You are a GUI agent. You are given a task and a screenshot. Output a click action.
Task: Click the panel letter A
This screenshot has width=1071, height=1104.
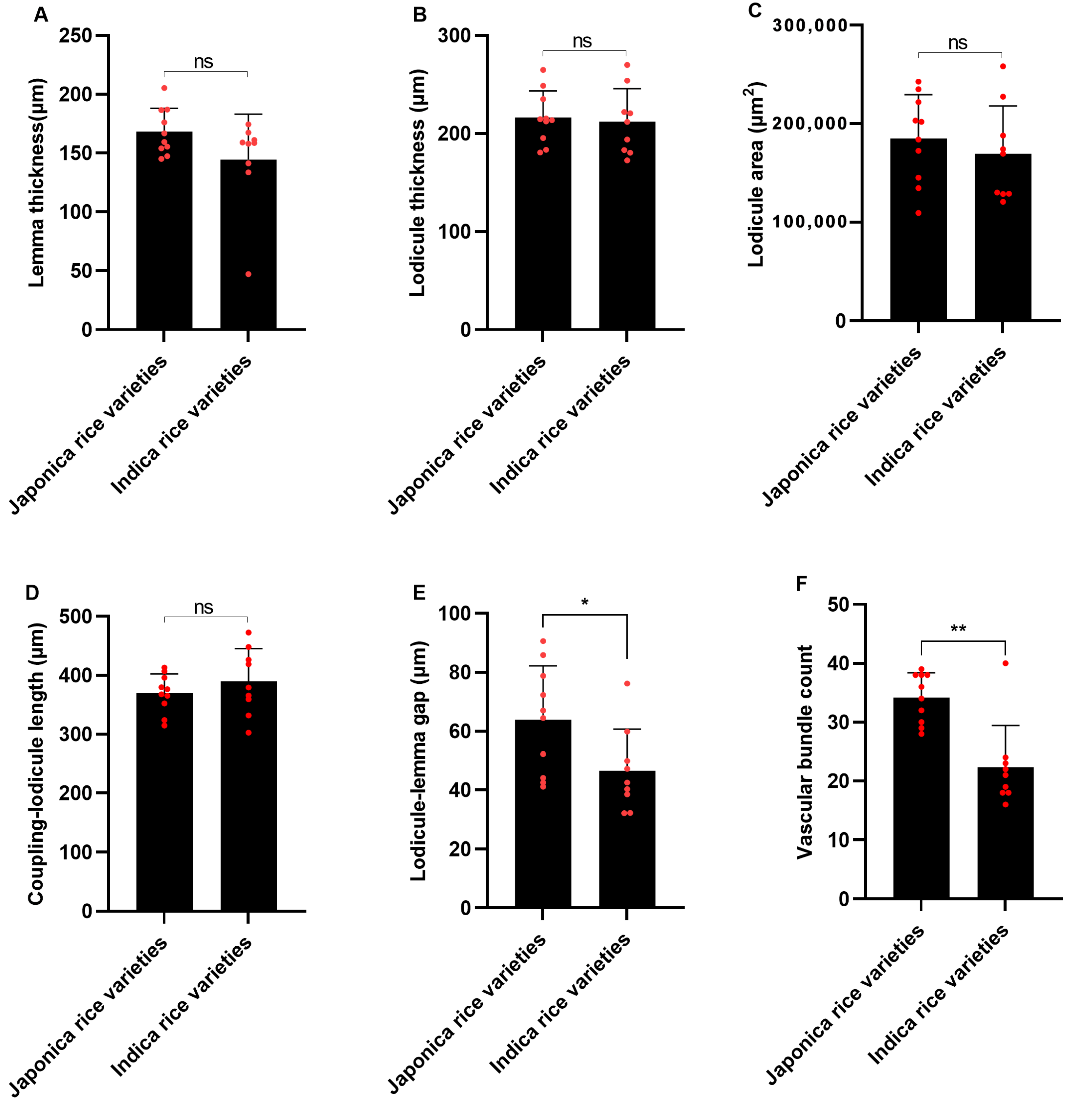tap(41, 15)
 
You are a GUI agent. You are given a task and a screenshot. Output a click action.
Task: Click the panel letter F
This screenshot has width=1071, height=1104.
tap(801, 583)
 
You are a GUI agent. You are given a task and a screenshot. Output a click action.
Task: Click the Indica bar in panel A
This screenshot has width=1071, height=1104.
tap(248, 248)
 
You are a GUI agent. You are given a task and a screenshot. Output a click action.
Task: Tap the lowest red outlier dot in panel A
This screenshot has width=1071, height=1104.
tap(248, 274)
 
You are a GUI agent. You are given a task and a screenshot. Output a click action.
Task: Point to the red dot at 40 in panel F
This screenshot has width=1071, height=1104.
tap(1005, 663)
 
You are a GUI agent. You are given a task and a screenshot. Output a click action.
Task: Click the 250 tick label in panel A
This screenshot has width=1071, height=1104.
tap(75, 35)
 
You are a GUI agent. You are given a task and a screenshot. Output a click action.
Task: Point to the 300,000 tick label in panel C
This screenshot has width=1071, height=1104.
tap(810, 25)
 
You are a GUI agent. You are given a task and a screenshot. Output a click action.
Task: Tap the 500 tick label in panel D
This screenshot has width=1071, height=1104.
tap(75, 616)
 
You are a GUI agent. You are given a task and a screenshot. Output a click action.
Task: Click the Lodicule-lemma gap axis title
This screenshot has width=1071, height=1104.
tap(418, 760)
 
